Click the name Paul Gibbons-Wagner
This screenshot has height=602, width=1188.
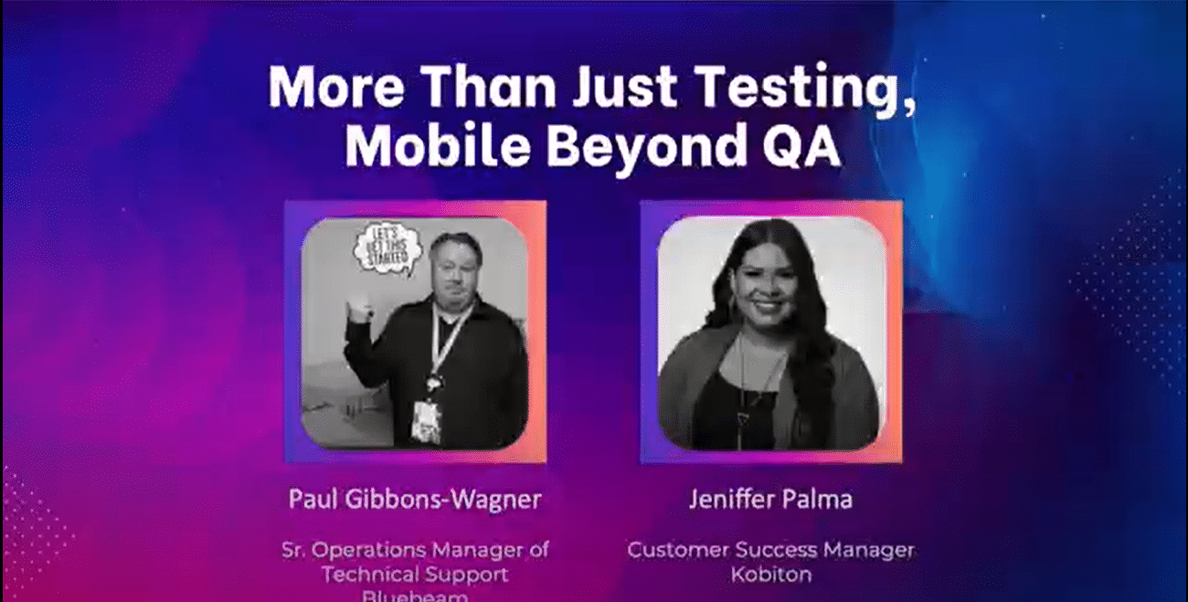415,500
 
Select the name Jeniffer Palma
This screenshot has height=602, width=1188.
770,500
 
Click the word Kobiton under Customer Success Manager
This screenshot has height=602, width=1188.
770,574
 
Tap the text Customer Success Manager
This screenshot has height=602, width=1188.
770,550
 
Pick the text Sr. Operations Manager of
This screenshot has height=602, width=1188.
415,550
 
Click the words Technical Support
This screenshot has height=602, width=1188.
415,574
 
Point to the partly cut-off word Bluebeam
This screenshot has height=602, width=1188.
415,596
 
